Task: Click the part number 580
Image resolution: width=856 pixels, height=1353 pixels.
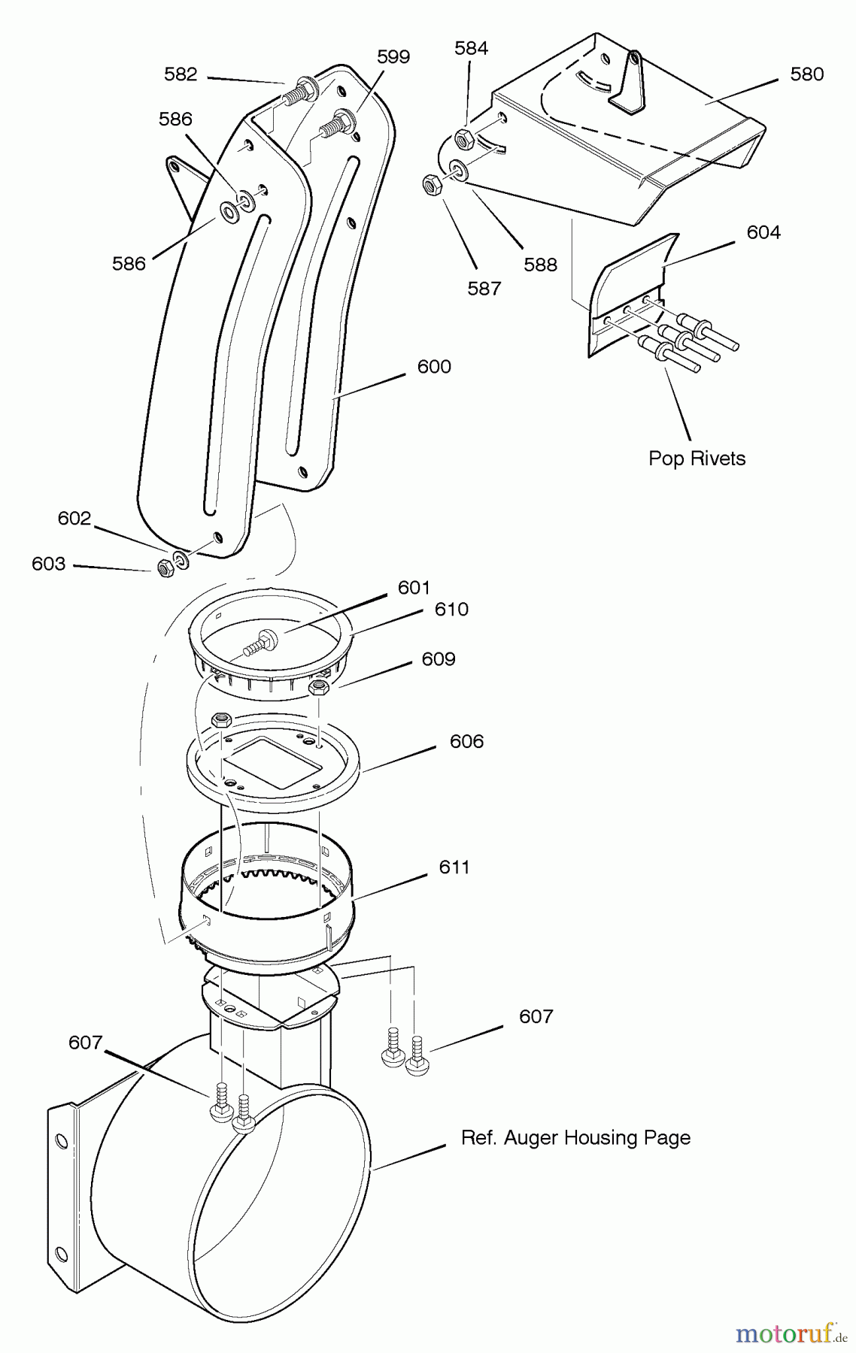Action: point(806,74)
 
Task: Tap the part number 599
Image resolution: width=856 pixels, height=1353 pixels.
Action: point(393,57)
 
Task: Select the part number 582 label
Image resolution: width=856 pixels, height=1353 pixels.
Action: point(181,74)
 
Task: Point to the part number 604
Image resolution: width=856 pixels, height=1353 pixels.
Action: point(763,232)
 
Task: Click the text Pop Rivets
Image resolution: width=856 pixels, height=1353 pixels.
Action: point(697,459)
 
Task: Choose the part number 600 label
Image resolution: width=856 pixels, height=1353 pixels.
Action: point(434,367)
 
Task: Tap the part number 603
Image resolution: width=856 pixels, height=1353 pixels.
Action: point(48,564)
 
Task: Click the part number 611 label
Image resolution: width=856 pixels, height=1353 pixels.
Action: point(454,867)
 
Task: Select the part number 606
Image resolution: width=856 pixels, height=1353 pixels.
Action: point(466,741)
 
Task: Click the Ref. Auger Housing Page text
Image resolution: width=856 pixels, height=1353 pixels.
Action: point(575,1137)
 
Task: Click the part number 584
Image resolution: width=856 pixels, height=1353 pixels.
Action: point(471,48)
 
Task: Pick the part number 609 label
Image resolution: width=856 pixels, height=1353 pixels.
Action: point(439,659)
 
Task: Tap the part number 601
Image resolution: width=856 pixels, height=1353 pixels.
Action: point(414,587)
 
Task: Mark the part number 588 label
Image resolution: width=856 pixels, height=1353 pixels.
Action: point(540,265)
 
